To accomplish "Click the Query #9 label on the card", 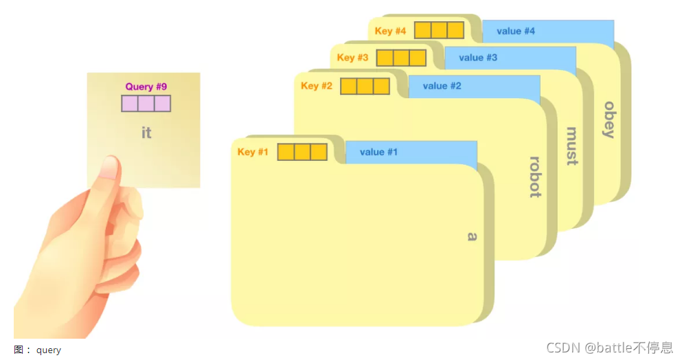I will [x=146, y=87].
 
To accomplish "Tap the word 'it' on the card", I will [x=146, y=133].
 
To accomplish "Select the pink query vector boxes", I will [x=146, y=104].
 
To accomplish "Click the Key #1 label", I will [x=252, y=152].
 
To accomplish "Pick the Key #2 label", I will [x=316, y=86].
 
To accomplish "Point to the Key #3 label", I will [x=352, y=58].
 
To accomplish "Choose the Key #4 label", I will [x=390, y=31].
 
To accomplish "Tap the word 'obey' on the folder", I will [x=608, y=120].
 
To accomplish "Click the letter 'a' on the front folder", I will [x=472, y=236].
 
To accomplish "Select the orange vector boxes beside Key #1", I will [x=302, y=152].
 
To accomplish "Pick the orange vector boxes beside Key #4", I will [x=439, y=31].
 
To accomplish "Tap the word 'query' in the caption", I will [x=49, y=350].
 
